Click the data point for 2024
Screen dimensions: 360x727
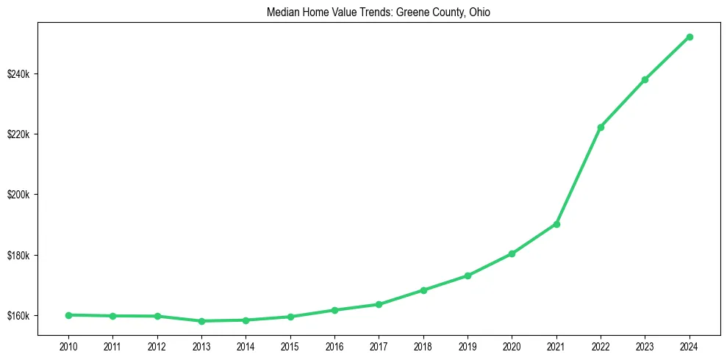[690, 37]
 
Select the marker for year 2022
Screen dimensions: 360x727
[601, 127]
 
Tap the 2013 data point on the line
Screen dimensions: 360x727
[201, 321]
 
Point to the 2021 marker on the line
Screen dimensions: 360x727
[556, 224]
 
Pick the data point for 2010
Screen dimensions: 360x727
[68, 315]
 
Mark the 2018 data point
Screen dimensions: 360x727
[423, 290]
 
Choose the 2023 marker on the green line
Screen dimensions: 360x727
[645, 79]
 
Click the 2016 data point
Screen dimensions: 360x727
[334, 310]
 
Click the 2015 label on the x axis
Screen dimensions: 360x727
[290, 345]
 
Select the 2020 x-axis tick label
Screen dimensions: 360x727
[512, 345]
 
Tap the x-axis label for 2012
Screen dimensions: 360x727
[157, 345]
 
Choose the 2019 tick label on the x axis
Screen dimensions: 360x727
[468, 345]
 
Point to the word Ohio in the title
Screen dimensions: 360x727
[490, 12]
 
